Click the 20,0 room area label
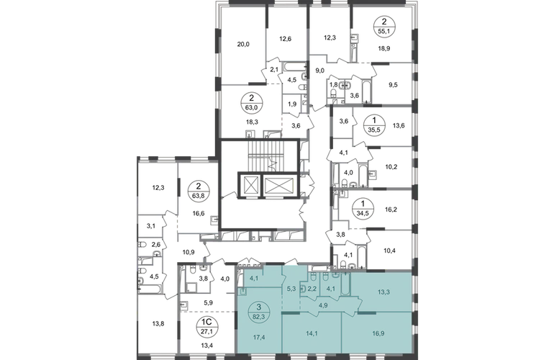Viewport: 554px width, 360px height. click(243, 44)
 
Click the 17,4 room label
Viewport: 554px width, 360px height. click(259, 338)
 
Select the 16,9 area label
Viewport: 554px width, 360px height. click(379, 333)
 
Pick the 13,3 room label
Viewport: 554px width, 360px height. click(383, 292)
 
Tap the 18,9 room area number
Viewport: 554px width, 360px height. click(383, 49)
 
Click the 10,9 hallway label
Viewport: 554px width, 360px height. click(189, 252)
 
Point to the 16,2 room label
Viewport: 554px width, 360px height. click(391, 210)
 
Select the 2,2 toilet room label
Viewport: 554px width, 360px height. click(312, 289)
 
